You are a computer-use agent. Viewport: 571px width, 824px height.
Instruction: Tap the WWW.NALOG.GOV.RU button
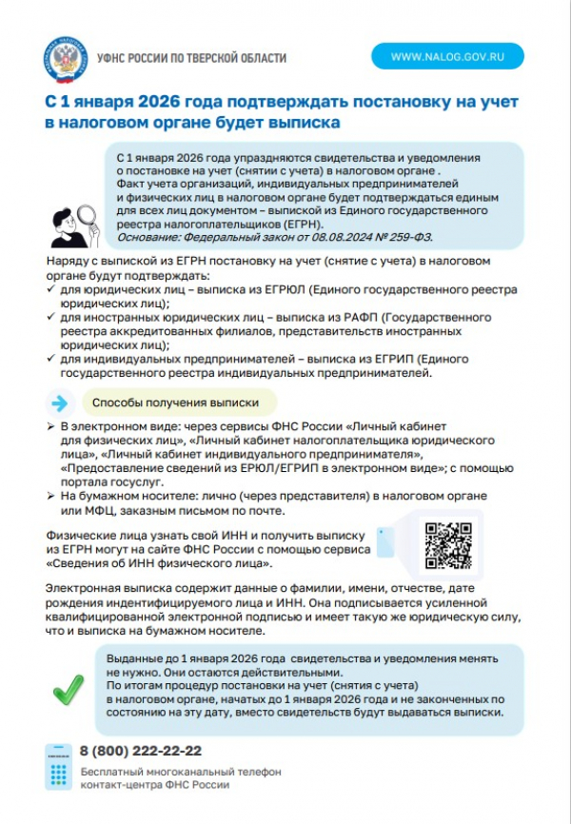click(446, 56)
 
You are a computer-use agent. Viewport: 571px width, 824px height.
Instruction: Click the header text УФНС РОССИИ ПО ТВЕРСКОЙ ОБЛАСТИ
click(191, 58)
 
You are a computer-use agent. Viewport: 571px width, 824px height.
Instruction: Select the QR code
click(447, 545)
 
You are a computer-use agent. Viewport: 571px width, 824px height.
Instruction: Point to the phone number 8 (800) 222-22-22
click(140, 750)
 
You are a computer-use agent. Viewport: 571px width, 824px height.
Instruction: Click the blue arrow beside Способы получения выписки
click(60, 402)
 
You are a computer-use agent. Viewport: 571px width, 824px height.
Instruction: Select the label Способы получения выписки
click(177, 402)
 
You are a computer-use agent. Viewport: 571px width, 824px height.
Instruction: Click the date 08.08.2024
click(346, 236)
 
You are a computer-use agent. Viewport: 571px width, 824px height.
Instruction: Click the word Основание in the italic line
click(148, 236)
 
